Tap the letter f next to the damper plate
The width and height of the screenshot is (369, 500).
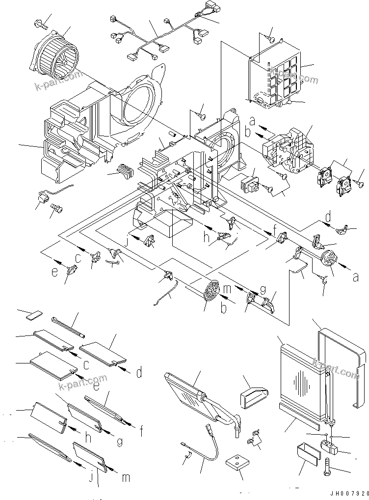pyautogui.click(x=141, y=431)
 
